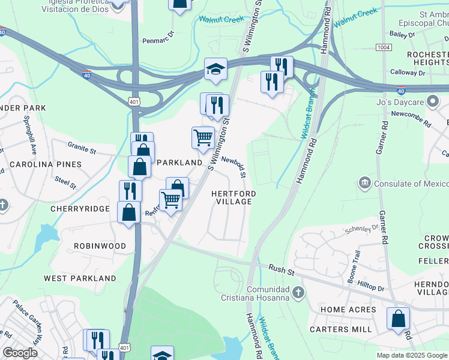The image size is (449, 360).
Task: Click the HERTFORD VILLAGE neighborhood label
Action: (234, 198)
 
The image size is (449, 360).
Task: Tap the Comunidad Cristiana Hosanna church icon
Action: (298, 292)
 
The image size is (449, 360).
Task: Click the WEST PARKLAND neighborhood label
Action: (80, 278)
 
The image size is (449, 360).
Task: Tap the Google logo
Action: (20, 353)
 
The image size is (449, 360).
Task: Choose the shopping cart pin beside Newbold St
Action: (203, 137)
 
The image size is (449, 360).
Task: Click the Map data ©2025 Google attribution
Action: (412, 355)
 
